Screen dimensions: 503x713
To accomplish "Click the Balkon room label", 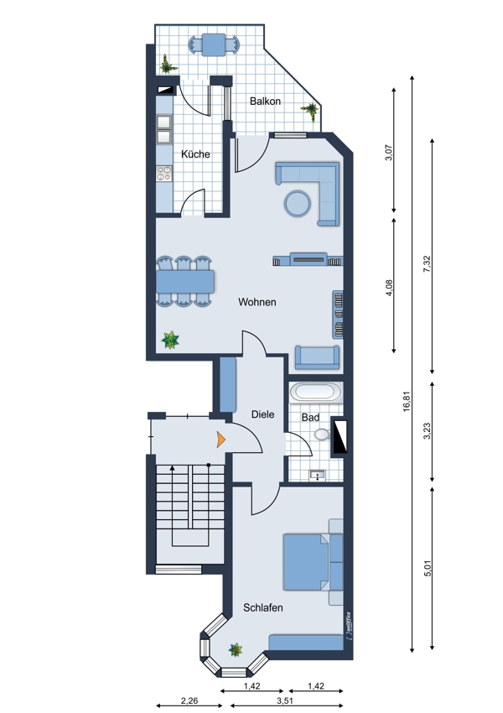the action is click(265, 101).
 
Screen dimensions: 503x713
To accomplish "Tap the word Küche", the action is click(195, 154).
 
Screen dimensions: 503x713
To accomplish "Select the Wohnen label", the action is click(257, 302).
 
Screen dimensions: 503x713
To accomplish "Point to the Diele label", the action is click(263, 414).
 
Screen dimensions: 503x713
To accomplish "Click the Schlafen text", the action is click(263, 607).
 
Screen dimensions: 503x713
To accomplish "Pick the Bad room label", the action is click(310, 417).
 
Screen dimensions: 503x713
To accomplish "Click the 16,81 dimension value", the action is click(407, 402).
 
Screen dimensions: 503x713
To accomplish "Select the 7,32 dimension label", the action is click(426, 264).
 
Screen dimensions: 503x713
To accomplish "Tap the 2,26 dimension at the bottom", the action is click(189, 700).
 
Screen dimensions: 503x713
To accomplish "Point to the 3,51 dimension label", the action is click(285, 700).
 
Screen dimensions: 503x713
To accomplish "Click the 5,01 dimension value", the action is click(427, 568).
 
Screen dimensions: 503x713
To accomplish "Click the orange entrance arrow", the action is click(220, 440).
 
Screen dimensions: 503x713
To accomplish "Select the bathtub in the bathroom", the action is click(316, 392).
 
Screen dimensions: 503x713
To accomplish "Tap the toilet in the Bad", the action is click(322, 435).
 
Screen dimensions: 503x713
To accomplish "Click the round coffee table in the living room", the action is click(298, 203).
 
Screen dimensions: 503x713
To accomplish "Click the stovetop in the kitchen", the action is click(164, 174).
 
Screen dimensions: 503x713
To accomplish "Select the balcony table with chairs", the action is click(214, 45).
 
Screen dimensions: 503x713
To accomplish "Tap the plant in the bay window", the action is click(236, 649).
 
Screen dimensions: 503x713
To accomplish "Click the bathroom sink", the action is click(317, 476).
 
